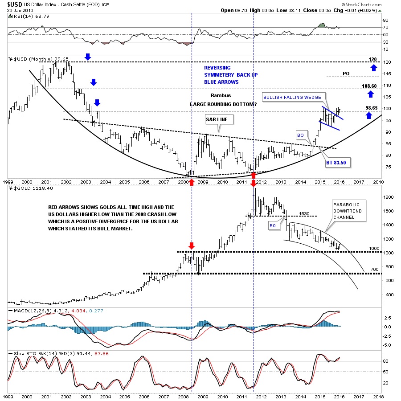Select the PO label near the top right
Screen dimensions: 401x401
tap(346, 74)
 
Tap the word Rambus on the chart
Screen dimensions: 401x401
tap(221, 95)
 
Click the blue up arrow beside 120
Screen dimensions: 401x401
tap(372, 67)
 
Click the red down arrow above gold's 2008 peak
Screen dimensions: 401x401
tap(192, 246)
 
